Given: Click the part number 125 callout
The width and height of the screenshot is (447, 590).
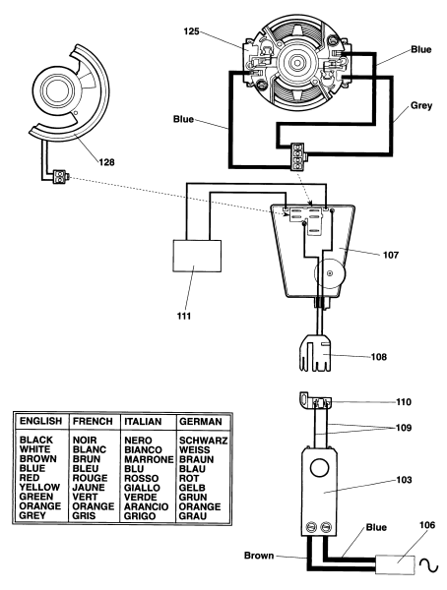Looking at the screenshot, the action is tap(191, 31).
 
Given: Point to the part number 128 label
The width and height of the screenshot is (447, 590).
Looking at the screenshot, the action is tap(106, 162).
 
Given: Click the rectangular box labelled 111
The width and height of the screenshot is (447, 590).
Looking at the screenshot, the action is tap(197, 256).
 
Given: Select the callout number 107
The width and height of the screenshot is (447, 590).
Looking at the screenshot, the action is tap(391, 255).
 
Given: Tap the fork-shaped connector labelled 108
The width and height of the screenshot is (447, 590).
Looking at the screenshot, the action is tap(316, 353).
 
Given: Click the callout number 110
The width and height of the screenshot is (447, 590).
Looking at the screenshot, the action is tap(404, 402).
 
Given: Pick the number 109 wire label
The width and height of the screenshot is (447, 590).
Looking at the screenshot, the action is tap(404, 428).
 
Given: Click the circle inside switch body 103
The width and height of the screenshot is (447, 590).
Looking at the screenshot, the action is tap(320, 468).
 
